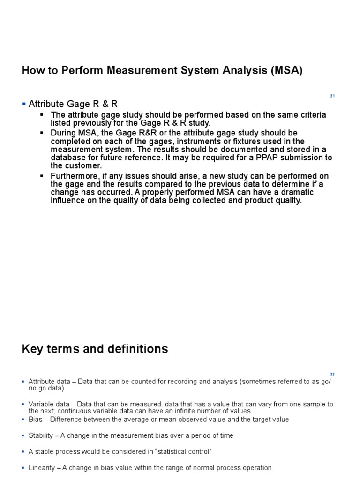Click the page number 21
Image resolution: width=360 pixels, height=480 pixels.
coord(332,96)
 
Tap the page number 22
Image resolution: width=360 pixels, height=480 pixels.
coord(332,375)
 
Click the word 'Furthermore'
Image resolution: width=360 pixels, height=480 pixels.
coord(73,176)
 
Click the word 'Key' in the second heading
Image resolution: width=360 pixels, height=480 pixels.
coord(32,349)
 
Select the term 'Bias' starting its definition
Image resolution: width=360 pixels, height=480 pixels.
coord(36,419)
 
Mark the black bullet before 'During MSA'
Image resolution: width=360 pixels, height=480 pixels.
coord(42,133)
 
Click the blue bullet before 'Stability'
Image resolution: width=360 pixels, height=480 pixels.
coord(23,435)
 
